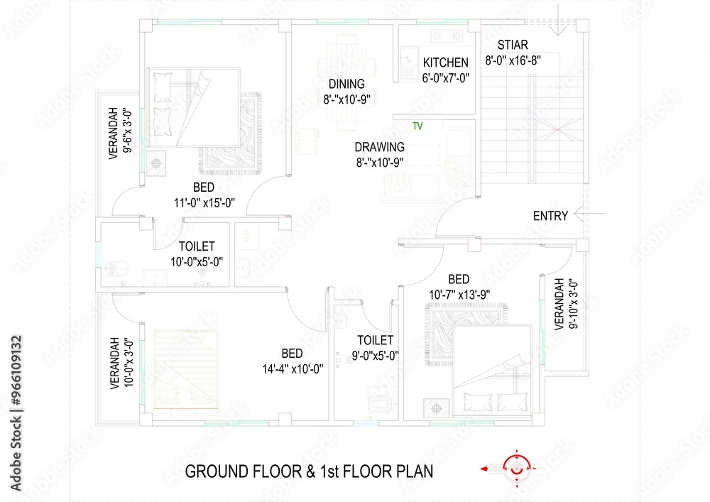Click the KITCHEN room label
pos(445,62)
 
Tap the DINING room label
pos(346,84)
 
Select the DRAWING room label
pos(380,147)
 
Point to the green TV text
pos(417,126)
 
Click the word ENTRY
pos(550,216)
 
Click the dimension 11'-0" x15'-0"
pos(205,203)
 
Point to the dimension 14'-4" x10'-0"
pos(293,369)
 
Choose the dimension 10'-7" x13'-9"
pos(458,294)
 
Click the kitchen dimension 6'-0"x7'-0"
pos(445,78)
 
